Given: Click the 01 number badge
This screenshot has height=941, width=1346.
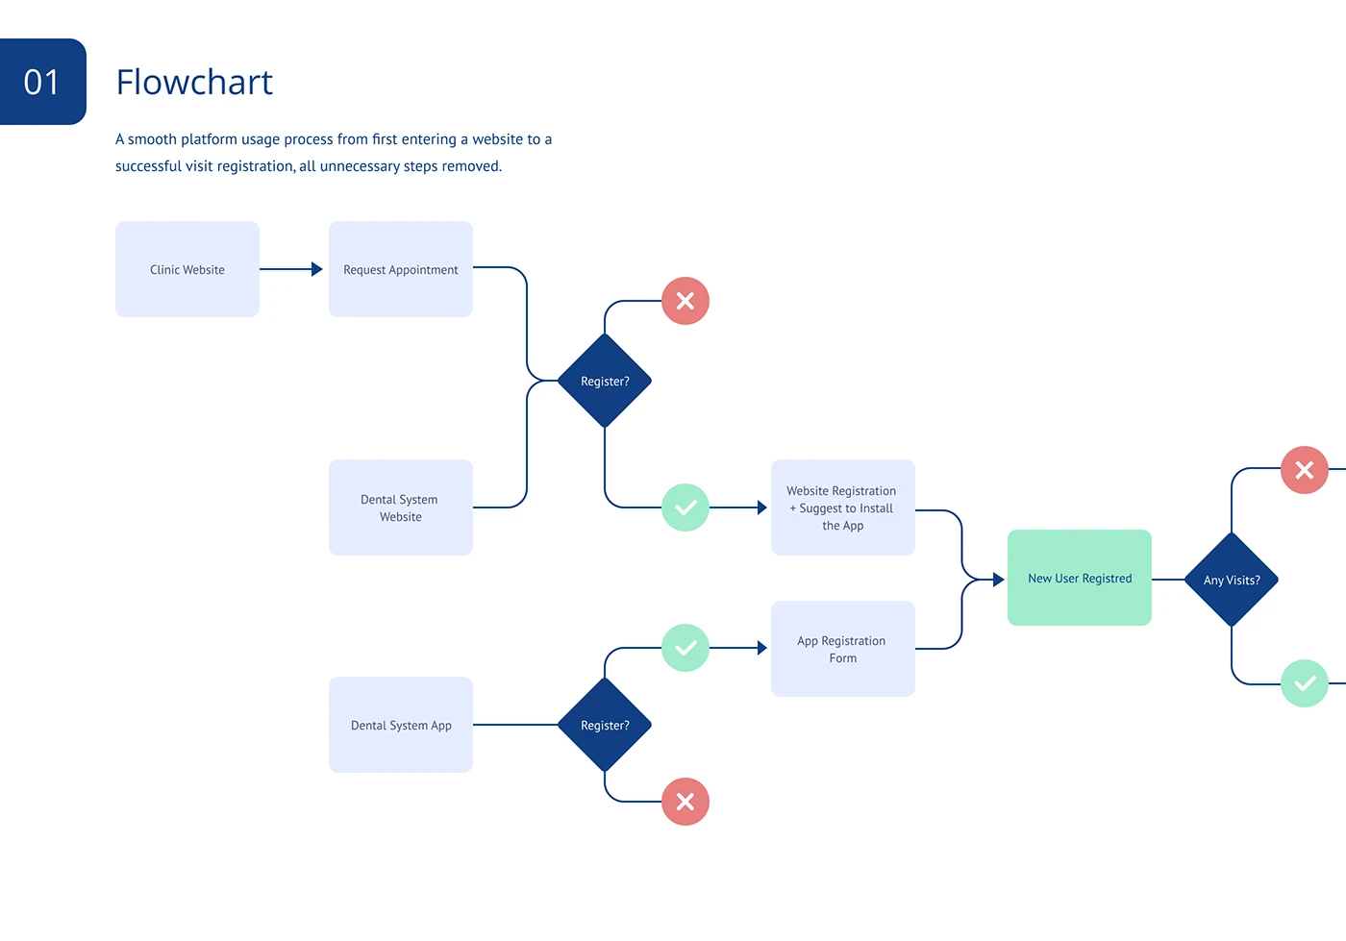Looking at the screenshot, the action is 42,82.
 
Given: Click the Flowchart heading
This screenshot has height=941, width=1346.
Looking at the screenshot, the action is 194,82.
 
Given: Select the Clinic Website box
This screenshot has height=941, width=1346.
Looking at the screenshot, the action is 187,269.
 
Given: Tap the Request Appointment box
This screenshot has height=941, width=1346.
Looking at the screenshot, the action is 401,269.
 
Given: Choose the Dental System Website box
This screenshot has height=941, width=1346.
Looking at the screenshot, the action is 401,508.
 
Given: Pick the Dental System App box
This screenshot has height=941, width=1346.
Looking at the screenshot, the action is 401,725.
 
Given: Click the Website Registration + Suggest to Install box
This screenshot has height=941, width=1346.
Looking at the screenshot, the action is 843,508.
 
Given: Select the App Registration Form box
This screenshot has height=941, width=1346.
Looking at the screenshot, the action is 843,649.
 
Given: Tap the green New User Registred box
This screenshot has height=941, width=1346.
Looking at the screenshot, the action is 1080,578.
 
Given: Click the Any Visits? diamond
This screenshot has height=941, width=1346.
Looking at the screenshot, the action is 1232,580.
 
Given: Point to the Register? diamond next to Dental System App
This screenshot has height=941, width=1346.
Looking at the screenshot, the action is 605,725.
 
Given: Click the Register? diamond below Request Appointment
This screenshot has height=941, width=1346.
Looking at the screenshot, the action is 605,381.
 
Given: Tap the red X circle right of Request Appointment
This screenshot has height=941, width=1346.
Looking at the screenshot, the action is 685,301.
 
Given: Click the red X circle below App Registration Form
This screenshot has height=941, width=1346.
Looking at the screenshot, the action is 685,802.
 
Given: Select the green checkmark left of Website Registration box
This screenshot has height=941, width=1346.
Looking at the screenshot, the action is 685,508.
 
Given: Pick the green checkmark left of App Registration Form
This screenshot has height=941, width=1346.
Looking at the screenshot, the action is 685,648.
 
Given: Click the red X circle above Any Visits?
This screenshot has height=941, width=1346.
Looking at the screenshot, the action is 1305,470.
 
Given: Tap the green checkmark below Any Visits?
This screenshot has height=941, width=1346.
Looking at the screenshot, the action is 1305,683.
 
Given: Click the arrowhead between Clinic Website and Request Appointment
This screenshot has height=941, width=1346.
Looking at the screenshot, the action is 316,269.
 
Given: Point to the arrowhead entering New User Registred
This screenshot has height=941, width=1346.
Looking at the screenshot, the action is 999,580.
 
